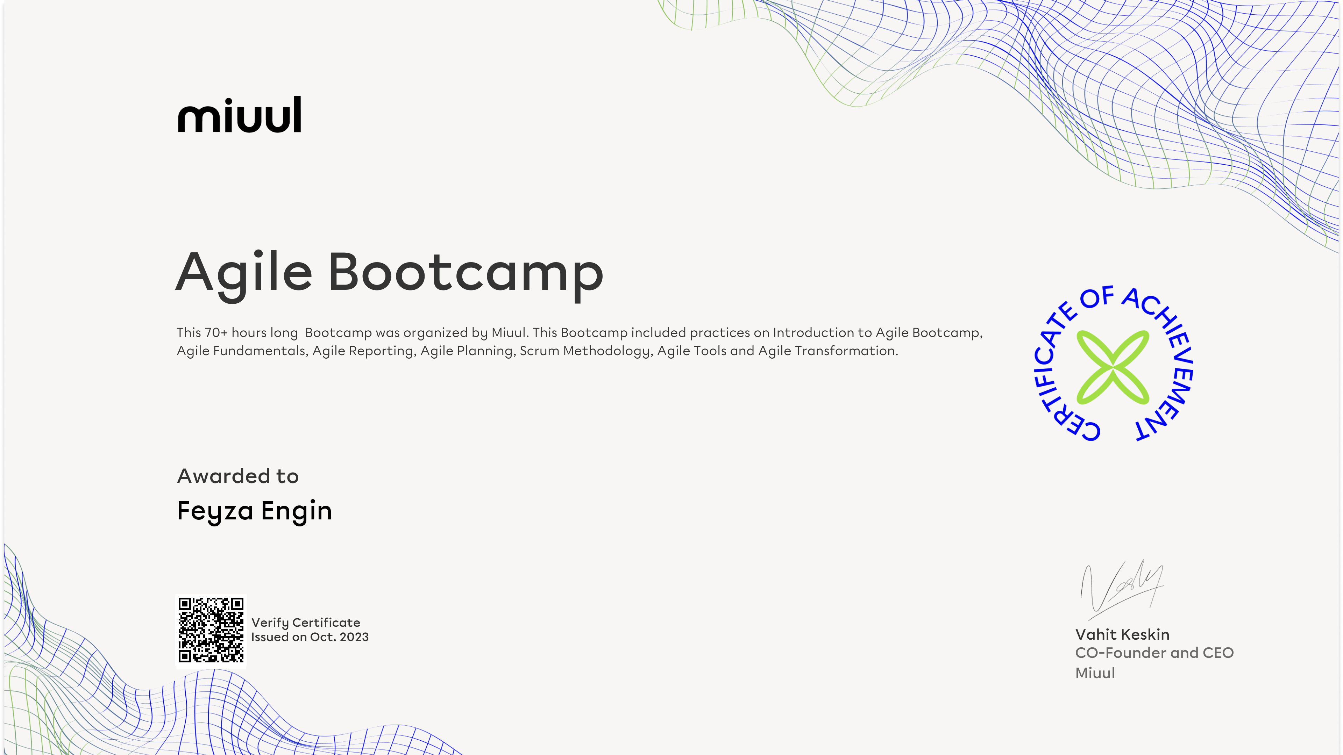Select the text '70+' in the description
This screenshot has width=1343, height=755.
pos(216,332)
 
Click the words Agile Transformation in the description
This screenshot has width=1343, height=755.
pos(828,351)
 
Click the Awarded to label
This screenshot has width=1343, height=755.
pos(238,476)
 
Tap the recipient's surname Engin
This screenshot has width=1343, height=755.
pos(296,511)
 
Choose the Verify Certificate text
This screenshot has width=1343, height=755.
pos(306,623)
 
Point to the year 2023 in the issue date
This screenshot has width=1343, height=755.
pos(354,637)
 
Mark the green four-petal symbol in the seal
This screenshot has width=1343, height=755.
pos(1113,367)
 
